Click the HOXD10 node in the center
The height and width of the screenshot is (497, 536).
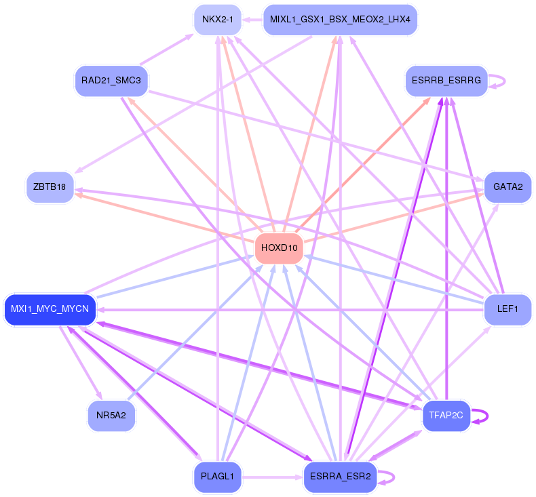[279, 248]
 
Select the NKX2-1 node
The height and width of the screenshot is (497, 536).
[217, 20]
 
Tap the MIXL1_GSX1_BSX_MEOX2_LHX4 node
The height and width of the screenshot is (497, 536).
[339, 20]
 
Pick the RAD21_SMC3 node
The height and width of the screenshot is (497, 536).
[111, 81]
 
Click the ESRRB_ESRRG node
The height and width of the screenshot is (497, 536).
[446, 81]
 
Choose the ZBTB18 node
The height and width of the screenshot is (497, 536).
[50, 187]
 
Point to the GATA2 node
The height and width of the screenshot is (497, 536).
[508, 187]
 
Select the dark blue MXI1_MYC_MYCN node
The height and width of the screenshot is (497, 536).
[50, 309]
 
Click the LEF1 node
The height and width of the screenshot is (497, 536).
[508, 309]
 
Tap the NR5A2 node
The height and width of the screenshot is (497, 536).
[111, 416]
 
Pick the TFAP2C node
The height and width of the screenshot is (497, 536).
[446, 416]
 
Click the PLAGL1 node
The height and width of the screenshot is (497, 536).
[217, 477]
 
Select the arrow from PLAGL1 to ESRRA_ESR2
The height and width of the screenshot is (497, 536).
[271, 477]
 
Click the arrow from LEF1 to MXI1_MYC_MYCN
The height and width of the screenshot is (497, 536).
[292, 310]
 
